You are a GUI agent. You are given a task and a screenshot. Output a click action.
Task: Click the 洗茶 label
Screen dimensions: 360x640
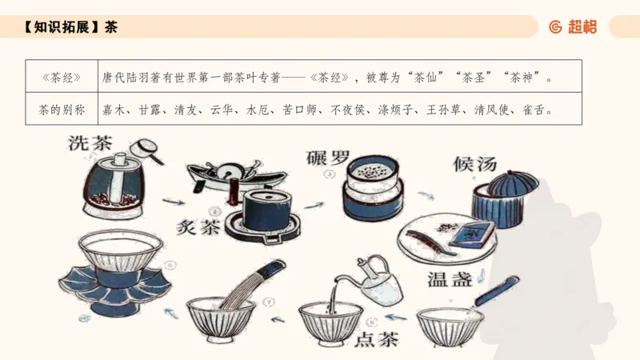[91, 145]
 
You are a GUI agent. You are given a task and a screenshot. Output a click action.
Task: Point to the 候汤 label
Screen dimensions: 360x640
[475, 163]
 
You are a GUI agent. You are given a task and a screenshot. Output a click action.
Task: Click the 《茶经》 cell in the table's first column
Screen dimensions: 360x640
[62, 78]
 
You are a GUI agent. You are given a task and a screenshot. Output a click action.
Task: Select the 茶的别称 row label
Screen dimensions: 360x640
[62, 109]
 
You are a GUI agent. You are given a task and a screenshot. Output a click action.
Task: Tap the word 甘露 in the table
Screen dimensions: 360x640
[150, 109]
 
